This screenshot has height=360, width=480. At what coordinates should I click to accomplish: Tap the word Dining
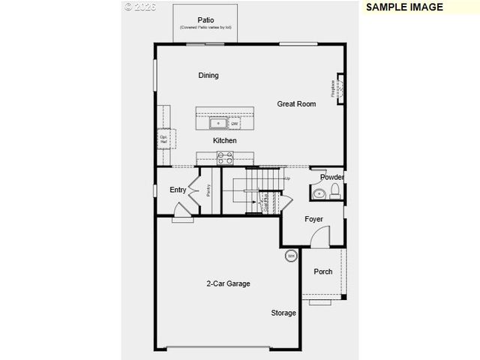(208, 76)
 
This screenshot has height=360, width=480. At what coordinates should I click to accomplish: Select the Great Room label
(296, 104)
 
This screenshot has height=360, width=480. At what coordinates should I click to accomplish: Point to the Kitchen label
(224, 140)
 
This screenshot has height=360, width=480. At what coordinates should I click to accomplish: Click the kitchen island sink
(218, 123)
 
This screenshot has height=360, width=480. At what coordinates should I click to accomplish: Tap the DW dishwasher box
(234, 124)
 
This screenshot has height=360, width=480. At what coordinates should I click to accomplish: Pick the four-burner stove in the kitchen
(225, 157)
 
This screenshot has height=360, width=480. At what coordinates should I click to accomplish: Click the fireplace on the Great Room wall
(339, 88)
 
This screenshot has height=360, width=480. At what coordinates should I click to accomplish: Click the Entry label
(178, 190)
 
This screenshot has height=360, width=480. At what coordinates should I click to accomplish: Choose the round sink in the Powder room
(319, 193)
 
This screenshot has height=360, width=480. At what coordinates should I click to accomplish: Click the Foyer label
(313, 219)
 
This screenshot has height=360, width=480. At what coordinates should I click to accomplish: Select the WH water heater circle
(290, 256)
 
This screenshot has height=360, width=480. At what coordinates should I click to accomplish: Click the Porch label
(323, 271)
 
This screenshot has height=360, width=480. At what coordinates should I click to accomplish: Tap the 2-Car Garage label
(228, 283)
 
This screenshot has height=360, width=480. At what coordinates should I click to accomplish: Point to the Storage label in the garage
(283, 313)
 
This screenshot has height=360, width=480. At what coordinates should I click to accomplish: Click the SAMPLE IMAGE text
(404, 7)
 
